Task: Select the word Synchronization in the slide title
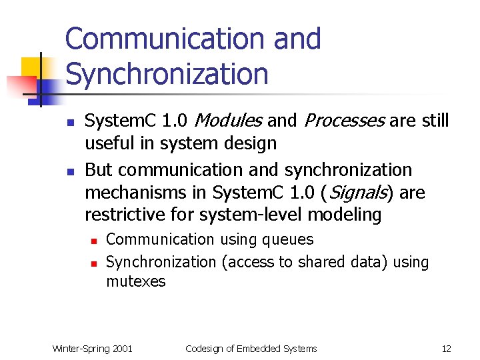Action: tap(167, 74)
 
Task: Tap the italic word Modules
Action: tap(229, 121)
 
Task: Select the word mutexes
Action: tap(135, 281)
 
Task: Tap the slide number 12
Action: tap(446, 349)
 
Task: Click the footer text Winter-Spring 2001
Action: tap(93, 349)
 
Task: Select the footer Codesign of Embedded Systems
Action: tap(251, 349)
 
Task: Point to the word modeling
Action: tap(349, 215)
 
